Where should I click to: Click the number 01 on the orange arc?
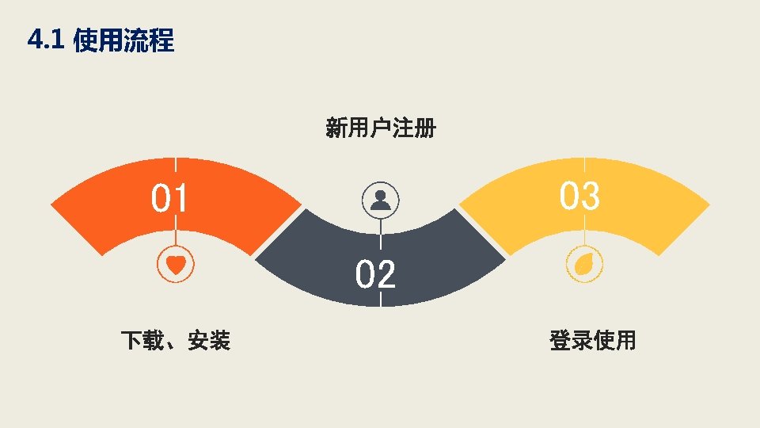[x=170, y=199]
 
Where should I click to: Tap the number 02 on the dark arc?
[x=375, y=275]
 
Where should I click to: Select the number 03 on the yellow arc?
[x=579, y=196]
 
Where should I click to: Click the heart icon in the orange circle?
[x=176, y=264]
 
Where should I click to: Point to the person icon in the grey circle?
[x=380, y=200]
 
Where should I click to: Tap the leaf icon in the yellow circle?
[x=584, y=264]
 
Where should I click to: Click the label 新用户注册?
[x=380, y=128]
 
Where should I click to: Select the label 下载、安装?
[x=176, y=341]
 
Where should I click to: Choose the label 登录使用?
[x=592, y=341]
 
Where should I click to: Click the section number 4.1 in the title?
[x=44, y=40]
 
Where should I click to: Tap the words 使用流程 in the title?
[x=123, y=40]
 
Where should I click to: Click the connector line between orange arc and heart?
[x=176, y=238]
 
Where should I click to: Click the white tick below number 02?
[x=380, y=300]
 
